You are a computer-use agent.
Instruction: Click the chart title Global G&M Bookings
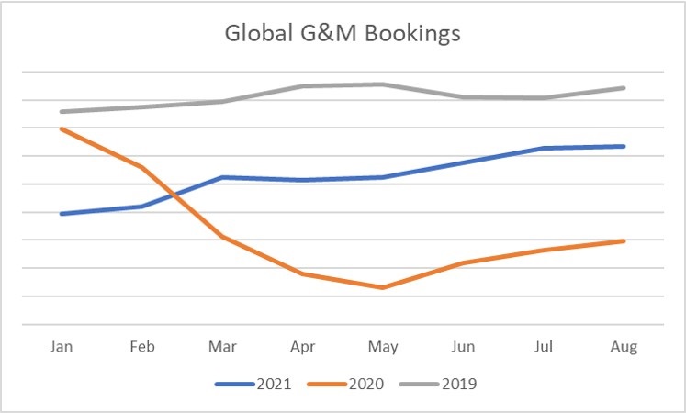point(343,36)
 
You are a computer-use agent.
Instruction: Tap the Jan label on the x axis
point(62,347)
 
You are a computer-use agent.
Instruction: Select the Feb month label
point(142,347)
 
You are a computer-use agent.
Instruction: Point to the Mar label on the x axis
point(222,347)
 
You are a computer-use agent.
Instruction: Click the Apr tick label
point(302,347)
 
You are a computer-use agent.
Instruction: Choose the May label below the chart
point(383,347)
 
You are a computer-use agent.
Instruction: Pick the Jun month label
point(464,347)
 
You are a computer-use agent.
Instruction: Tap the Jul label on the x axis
point(544,347)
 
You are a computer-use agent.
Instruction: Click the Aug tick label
point(624,347)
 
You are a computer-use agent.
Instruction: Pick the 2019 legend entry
point(457,384)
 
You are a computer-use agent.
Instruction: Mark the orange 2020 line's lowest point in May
point(383,287)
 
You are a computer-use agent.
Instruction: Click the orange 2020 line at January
point(62,128)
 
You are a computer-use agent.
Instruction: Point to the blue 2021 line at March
point(222,177)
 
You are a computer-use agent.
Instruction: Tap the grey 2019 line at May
point(383,84)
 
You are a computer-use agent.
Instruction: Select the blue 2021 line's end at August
point(624,146)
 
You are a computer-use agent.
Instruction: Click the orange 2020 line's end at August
point(624,241)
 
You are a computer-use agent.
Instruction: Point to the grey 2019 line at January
point(62,112)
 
